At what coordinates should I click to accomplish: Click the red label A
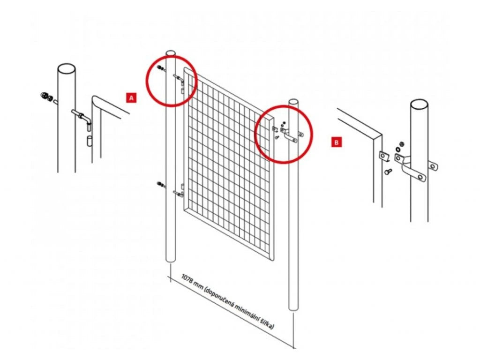tap(131, 97)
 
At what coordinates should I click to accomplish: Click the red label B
tap(337, 142)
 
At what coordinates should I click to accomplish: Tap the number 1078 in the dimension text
tap(188, 279)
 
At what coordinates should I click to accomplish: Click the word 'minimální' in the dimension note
tap(247, 311)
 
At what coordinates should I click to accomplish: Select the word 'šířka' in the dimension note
tap(267, 323)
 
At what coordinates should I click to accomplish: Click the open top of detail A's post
tap(67, 68)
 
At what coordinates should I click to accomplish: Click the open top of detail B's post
tap(419, 104)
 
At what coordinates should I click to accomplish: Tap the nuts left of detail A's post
tap(47, 97)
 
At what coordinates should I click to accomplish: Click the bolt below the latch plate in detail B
tap(389, 172)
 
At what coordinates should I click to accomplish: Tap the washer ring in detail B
tap(398, 149)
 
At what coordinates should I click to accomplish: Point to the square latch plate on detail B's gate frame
tap(384, 156)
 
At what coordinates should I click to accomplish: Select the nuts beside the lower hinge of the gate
tap(160, 184)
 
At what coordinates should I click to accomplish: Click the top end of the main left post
tap(171, 53)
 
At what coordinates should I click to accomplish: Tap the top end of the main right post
tap(293, 102)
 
